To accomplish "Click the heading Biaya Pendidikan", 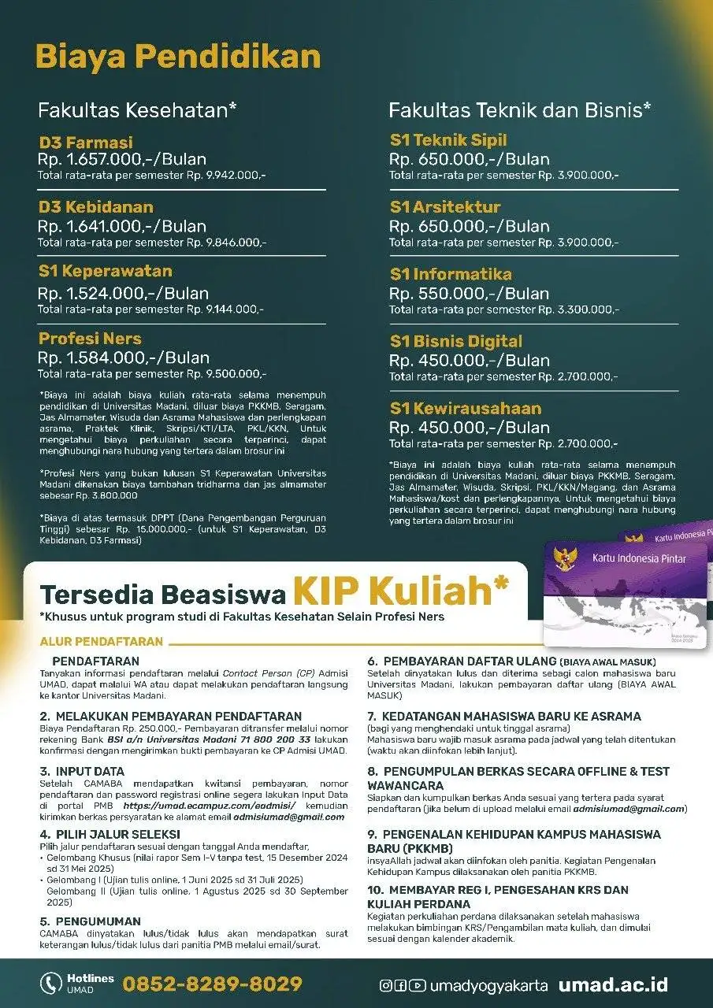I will pos(178,58).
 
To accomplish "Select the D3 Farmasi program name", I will pos(86,143).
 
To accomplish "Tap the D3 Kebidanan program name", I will pos(96,207).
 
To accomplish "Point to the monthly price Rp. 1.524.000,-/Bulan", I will pos(123,293).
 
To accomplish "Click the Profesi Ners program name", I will pos(90,339).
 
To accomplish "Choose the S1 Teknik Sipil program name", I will pos(448,140).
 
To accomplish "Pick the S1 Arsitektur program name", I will pos(445,207).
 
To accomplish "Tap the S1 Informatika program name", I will pos(451,274).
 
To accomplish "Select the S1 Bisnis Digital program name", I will pos(456,341).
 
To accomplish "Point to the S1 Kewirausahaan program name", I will pos(466,408).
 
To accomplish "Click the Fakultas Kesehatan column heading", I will pos(138,110).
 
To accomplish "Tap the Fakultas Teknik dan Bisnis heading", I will pos(520,110).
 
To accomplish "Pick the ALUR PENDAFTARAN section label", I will pos(102,642).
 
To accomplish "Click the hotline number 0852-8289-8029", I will pos(212,984).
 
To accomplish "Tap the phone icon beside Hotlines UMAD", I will pos(51,983).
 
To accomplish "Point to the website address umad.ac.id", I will pos(613,984).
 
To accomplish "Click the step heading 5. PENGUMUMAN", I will pos(91,921).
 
